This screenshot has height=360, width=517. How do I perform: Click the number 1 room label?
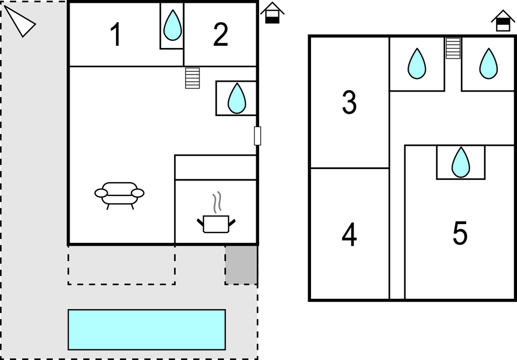(x=115, y=35)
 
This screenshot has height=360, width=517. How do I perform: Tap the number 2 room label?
(x=220, y=35)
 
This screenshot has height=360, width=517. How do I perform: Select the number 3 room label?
(x=349, y=103)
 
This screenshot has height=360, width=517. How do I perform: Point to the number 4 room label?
(x=349, y=235)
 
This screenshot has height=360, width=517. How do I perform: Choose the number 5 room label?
(x=460, y=234)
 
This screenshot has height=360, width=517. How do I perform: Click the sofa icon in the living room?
(x=119, y=194)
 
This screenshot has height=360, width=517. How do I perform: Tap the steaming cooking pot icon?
(x=216, y=218)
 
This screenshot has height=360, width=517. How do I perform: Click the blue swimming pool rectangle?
(x=146, y=329)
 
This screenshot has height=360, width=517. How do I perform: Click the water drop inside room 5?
(x=461, y=162)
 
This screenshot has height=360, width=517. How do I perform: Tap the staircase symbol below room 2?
(x=192, y=78)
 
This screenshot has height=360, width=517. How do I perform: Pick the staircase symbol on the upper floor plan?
(x=453, y=47)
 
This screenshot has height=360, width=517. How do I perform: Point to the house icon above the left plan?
(x=272, y=13)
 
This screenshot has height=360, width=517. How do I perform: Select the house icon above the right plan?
(x=503, y=21)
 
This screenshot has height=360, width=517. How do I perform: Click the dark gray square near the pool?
(x=241, y=265)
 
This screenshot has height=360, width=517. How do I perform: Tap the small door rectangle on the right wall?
(x=257, y=136)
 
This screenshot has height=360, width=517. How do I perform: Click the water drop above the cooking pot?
(x=237, y=98)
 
